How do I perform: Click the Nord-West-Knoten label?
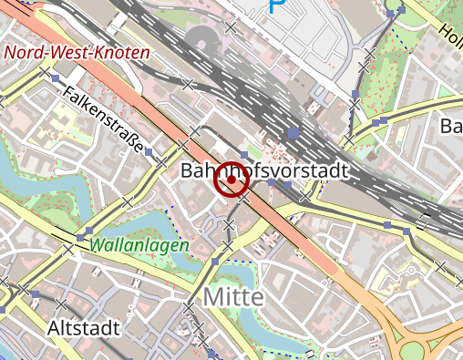77,53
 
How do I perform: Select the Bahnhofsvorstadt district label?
265,170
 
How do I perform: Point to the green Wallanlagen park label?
139,245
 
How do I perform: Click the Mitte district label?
233,297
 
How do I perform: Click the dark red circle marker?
231,180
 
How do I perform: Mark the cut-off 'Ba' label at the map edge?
451,125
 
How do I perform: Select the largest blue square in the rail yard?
293,133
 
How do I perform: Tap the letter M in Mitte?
212,297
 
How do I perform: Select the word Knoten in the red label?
120,53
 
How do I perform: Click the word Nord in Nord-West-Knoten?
24,53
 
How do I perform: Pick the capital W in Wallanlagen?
97,245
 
